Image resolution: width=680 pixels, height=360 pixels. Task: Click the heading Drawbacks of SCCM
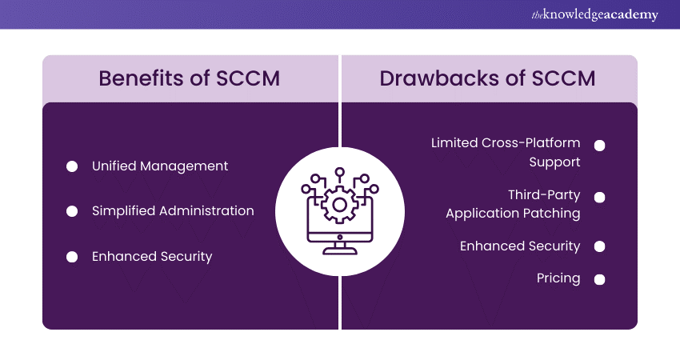pyautogui.click(x=488, y=78)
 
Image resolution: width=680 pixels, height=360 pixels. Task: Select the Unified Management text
pyautogui.click(x=160, y=166)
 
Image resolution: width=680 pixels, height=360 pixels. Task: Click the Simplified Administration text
pyautogui.click(x=173, y=211)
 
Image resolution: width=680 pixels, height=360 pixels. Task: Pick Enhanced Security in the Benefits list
pyautogui.click(x=152, y=257)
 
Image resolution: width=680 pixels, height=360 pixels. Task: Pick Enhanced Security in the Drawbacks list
pyautogui.click(x=520, y=246)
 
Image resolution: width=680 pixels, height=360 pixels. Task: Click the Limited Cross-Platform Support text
pyautogui.click(x=506, y=152)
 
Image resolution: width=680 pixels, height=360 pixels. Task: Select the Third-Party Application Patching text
pyautogui.click(x=513, y=204)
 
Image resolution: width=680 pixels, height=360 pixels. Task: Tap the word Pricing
pyautogui.click(x=558, y=278)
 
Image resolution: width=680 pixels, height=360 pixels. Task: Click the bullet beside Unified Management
pyautogui.click(x=72, y=166)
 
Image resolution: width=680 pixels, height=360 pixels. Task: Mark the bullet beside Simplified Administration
pyautogui.click(x=72, y=211)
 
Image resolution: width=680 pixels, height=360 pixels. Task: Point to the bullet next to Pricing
pyautogui.click(x=599, y=279)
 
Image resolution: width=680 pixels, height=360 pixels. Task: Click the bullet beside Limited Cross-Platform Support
pyautogui.click(x=599, y=146)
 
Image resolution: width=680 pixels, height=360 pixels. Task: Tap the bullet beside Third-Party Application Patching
pyautogui.click(x=599, y=197)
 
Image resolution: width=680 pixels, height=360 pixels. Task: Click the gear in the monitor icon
pyautogui.click(x=340, y=205)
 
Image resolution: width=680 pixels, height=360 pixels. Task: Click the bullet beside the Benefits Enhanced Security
pyautogui.click(x=72, y=257)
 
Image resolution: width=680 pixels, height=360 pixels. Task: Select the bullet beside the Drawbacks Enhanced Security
pyautogui.click(x=599, y=247)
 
